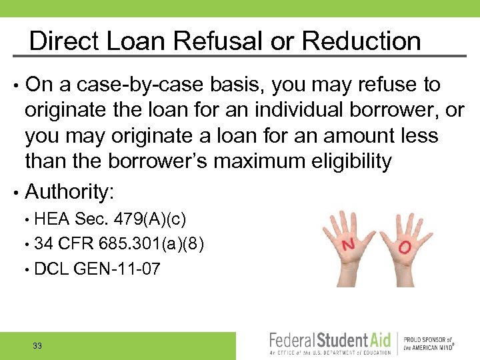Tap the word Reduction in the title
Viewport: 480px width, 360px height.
[361, 41]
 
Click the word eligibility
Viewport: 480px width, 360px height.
[355, 161]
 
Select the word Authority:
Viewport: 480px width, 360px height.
[70, 192]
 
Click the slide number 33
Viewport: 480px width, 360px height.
[37, 346]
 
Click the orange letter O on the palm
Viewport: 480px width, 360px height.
[405, 248]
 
